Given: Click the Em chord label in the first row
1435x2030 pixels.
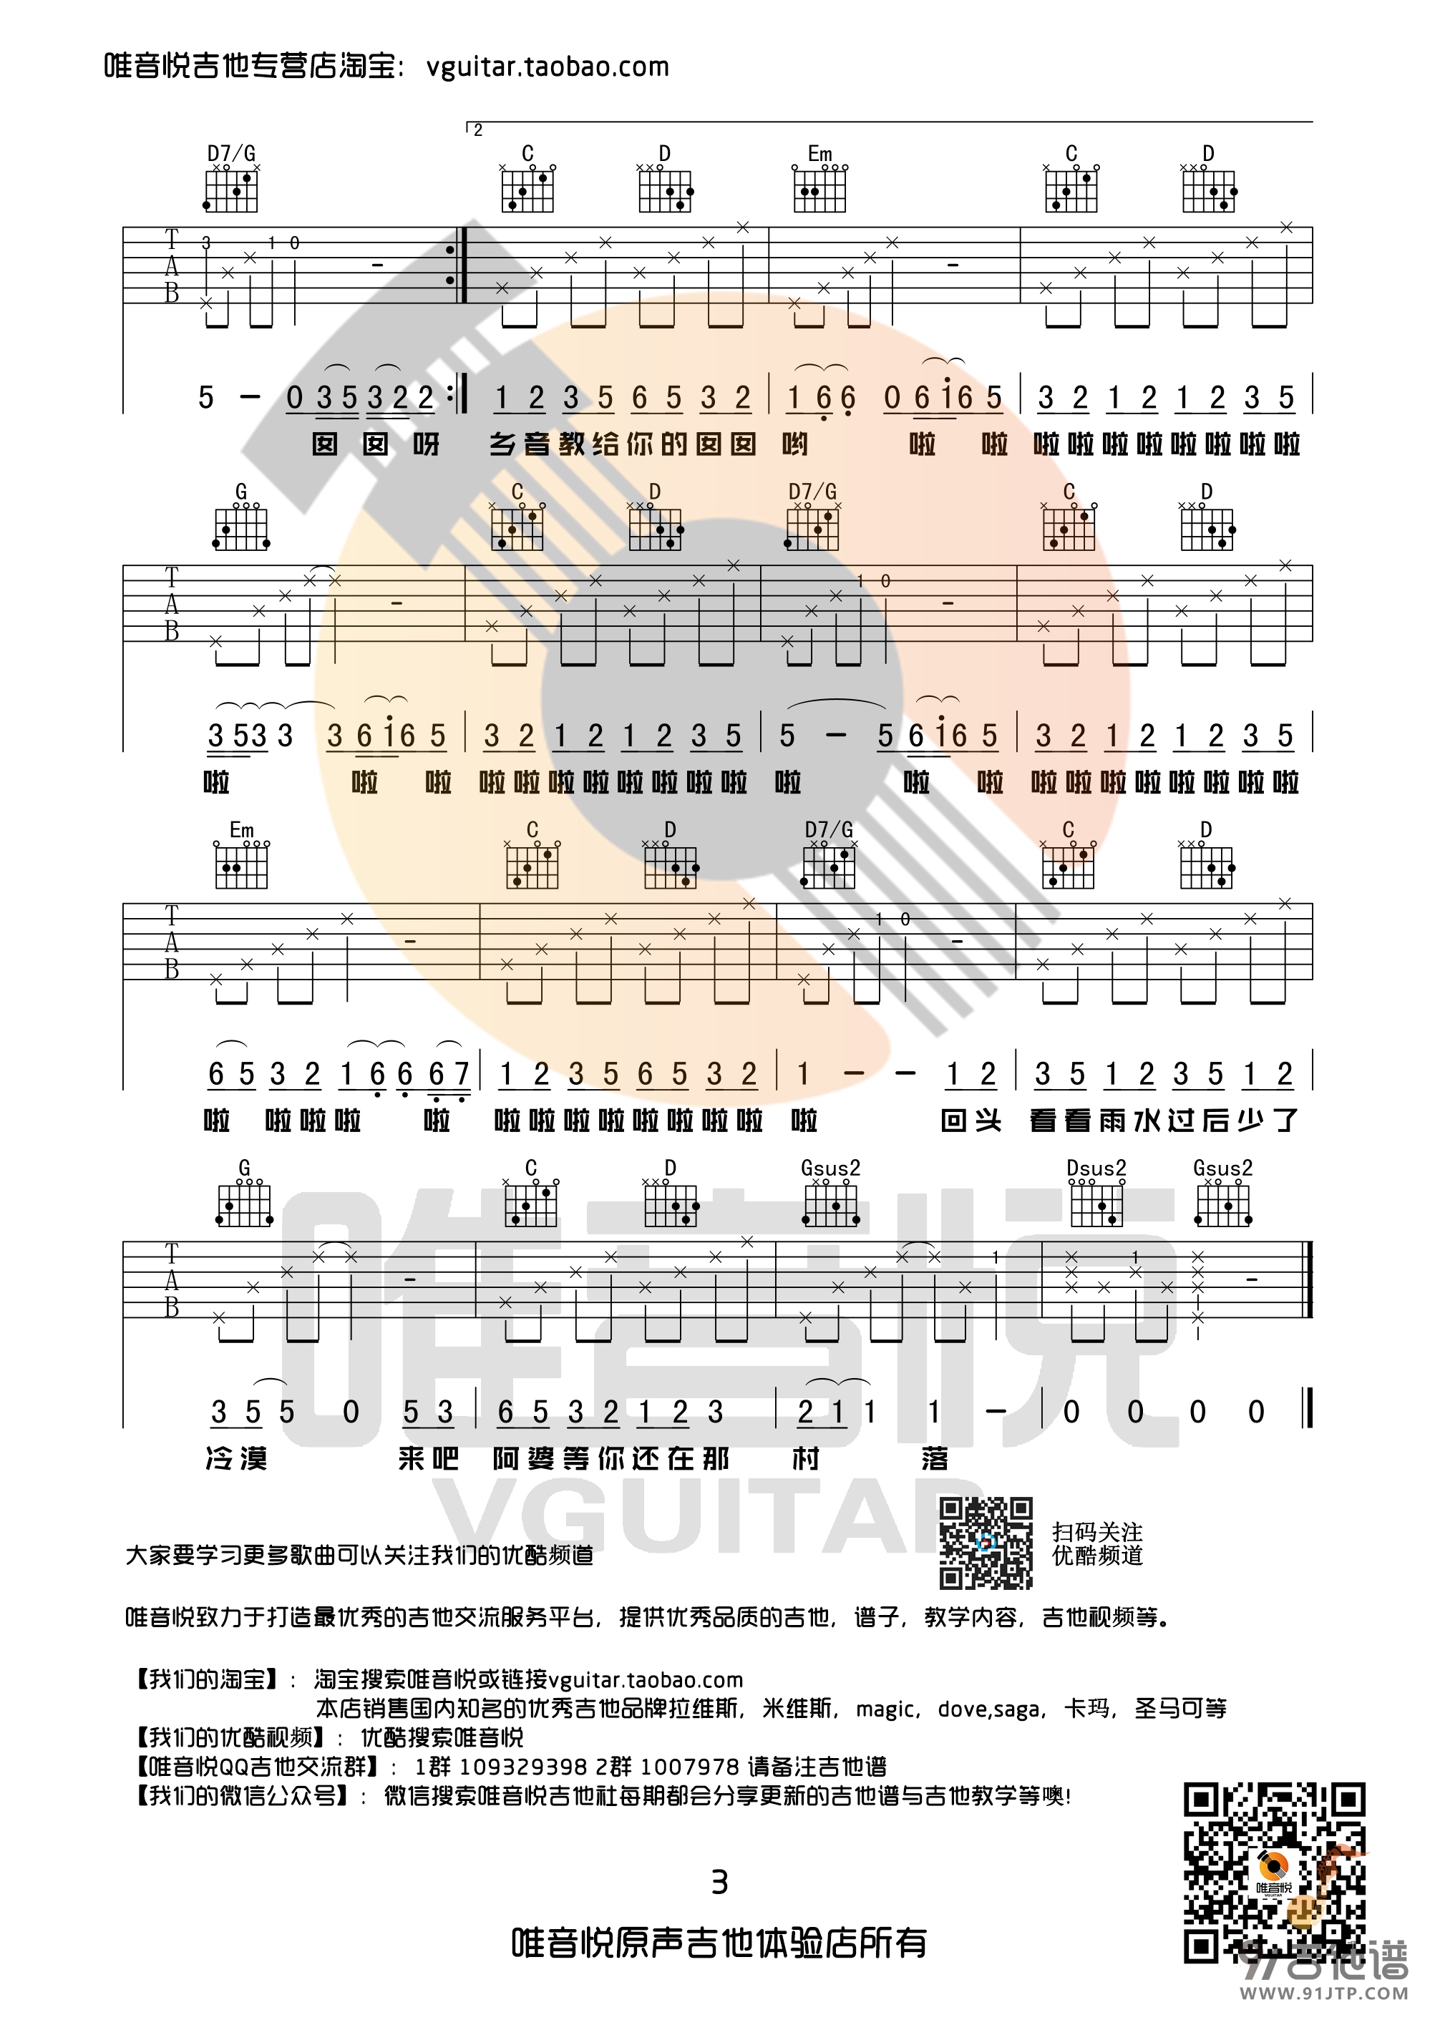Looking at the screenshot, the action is (x=819, y=154).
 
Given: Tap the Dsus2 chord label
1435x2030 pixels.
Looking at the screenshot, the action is (x=1096, y=1168).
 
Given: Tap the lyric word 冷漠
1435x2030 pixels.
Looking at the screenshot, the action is (x=236, y=1459).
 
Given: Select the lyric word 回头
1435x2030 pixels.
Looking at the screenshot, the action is (x=971, y=1121).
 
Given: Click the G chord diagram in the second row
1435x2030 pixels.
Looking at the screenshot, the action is (x=241, y=525).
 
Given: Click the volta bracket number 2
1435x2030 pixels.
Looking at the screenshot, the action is (x=477, y=131).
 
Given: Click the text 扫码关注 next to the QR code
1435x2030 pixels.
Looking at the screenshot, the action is (x=1097, y=1531).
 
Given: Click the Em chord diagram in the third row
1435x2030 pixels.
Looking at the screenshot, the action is (x=241, y=864).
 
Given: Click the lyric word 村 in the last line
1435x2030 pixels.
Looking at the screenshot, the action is (x=805, y=1459).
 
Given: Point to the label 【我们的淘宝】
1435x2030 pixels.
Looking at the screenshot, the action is (x=200, y=1679).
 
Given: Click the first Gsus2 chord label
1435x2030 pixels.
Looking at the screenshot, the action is (x=830, y=1168).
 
